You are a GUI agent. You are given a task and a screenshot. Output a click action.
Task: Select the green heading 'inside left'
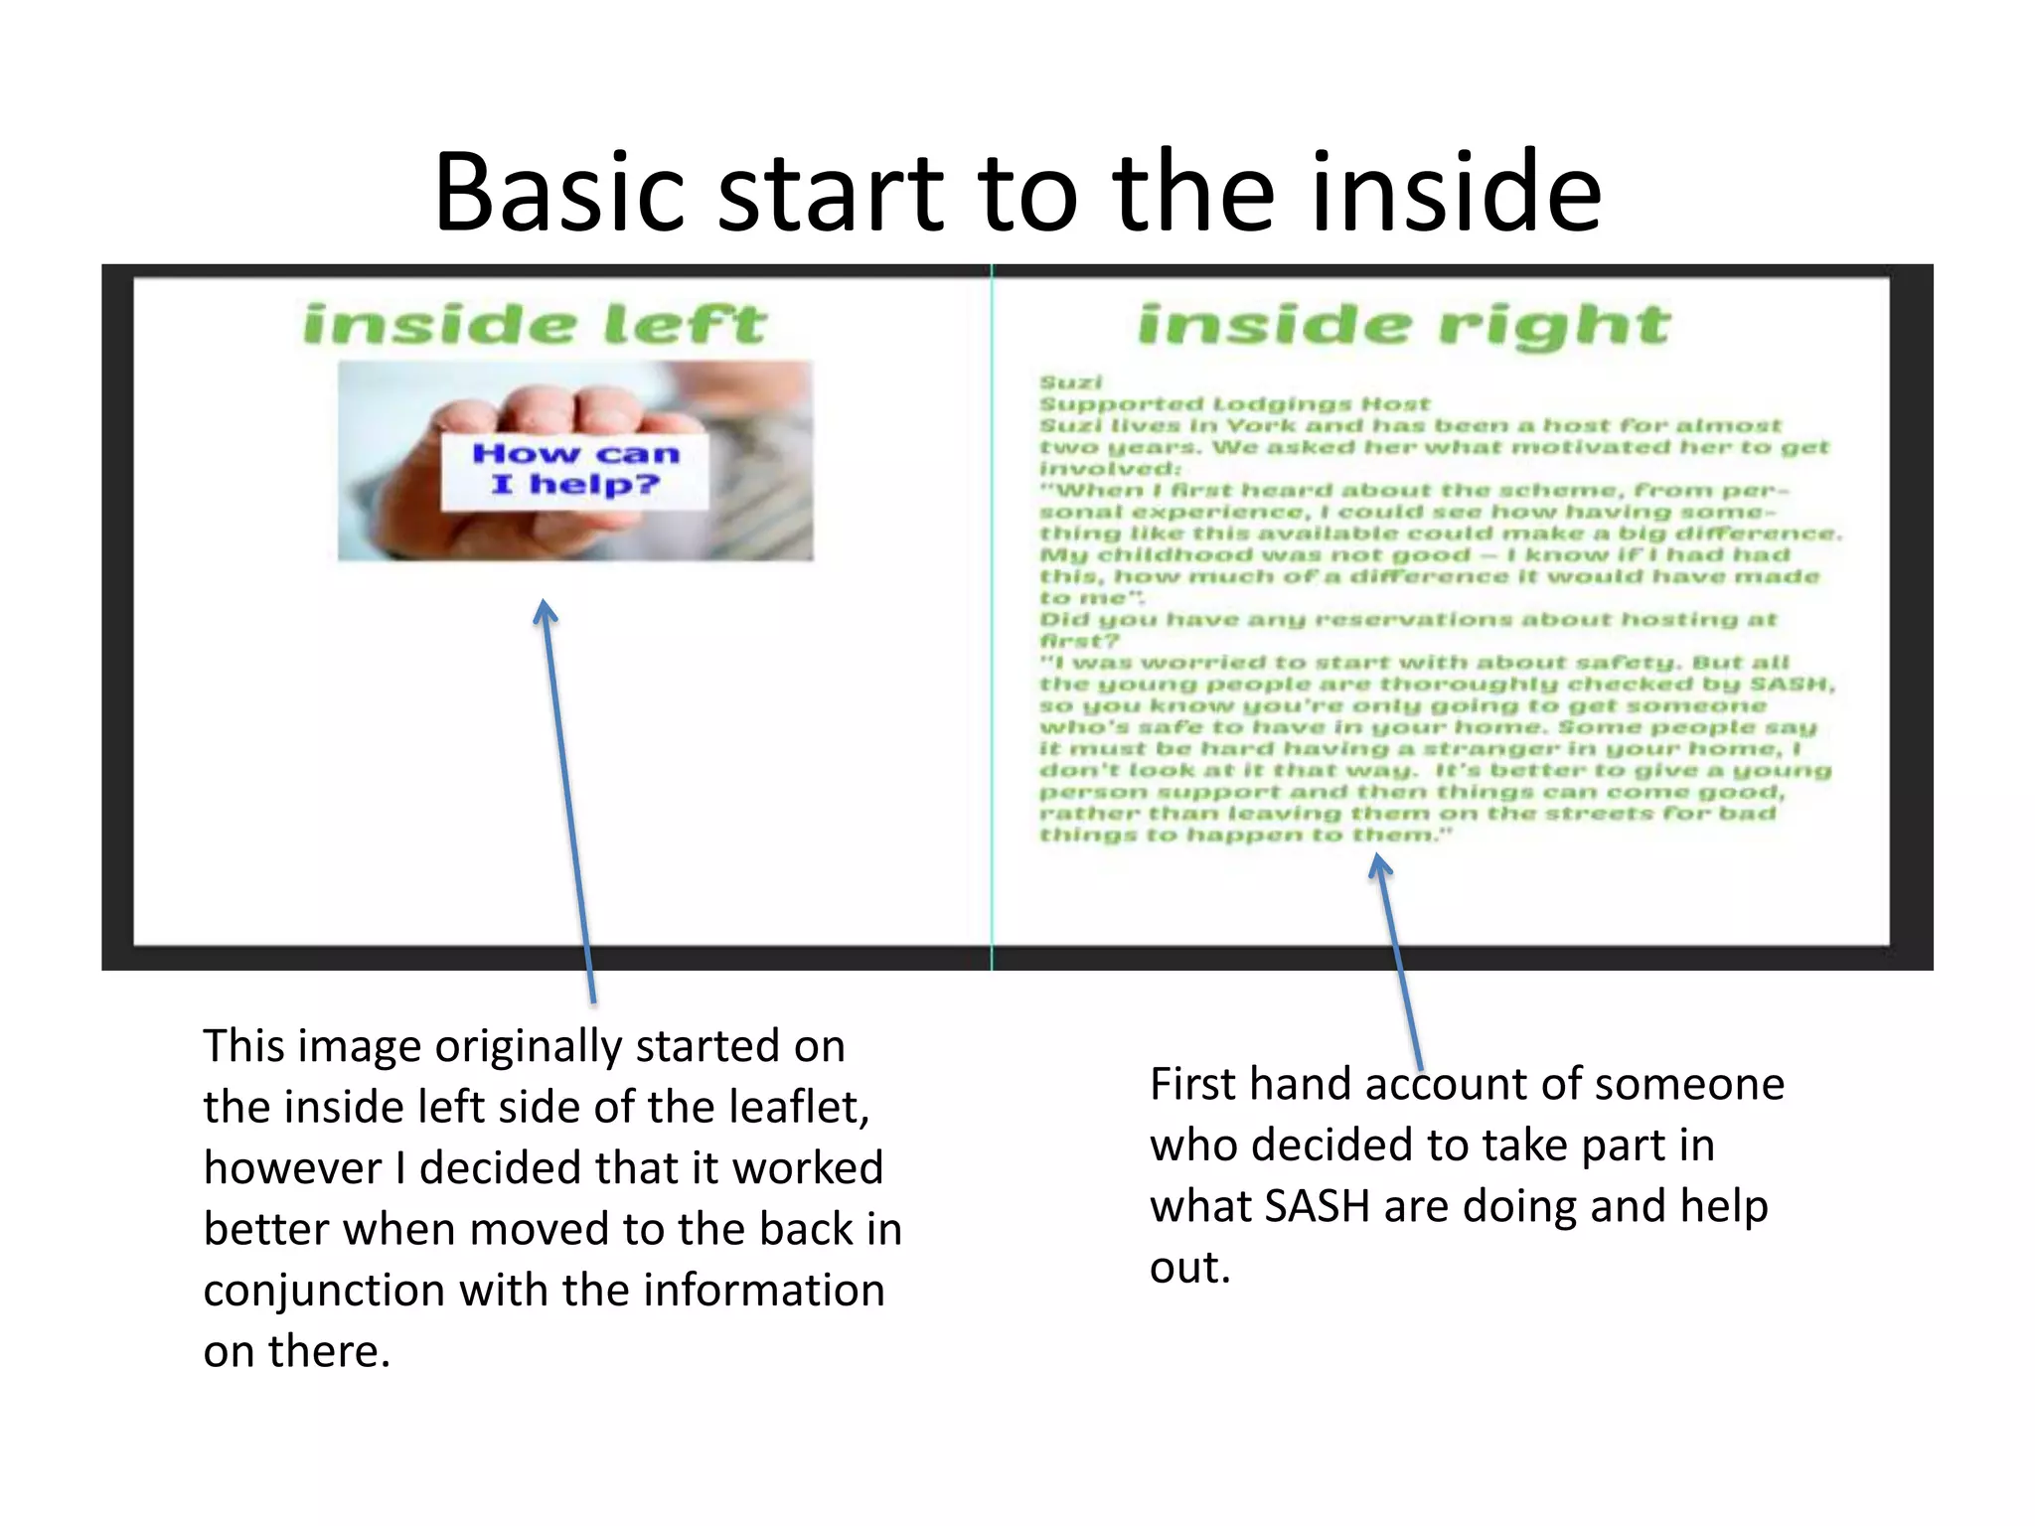[x=535, y=325]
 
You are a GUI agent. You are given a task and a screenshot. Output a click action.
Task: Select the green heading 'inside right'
[x=1403, y=325]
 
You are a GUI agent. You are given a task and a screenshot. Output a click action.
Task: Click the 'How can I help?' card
[x=574, y=470]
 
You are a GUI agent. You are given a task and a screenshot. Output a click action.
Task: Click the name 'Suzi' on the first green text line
[x=1070, y=382]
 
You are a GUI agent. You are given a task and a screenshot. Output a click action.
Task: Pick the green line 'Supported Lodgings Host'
[x=1234, y=404]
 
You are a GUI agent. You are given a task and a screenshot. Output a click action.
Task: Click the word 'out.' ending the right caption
[x=1189, y=1268]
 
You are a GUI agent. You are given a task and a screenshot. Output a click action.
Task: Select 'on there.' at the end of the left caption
[x=296, y=1351]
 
